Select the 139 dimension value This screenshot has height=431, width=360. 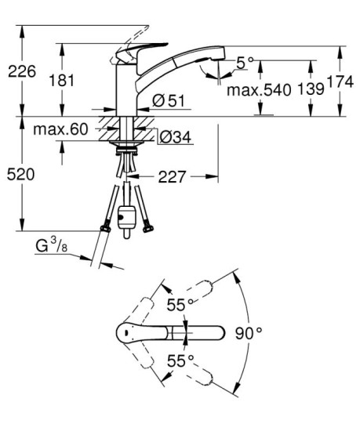coord(310,90)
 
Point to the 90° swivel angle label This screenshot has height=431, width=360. coord(249,333)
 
